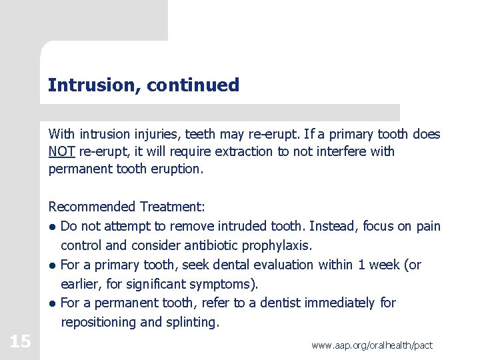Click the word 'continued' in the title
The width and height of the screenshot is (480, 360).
coord(193,85)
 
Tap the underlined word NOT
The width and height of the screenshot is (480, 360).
coord(57,151)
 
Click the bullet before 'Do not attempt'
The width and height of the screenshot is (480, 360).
coord(52,227)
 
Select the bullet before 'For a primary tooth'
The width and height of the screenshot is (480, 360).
coord(52,265)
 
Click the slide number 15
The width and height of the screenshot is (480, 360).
coord(20,342)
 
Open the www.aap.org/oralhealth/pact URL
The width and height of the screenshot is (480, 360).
coord(371,345)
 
